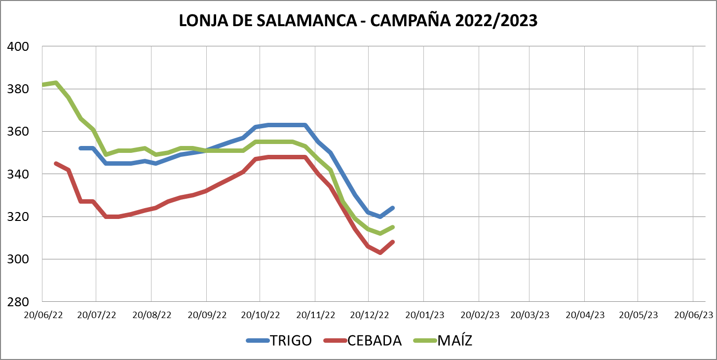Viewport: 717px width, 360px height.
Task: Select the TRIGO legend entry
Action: [291, 340]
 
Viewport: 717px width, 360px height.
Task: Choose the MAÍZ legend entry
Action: [454, 340]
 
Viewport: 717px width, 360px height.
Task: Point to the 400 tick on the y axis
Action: [18, 47]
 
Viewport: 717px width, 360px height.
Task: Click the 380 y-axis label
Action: [18, 89]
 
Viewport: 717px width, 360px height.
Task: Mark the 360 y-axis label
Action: [18, 132]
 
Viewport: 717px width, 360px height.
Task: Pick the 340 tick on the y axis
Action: [18, 174]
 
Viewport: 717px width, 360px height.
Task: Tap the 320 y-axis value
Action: [18, 216]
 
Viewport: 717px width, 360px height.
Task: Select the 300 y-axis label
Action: [18, 259]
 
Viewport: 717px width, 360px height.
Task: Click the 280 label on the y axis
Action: [18, 301]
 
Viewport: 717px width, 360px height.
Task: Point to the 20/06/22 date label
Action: [44, 315]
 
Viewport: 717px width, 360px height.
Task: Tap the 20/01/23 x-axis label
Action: [425, 315]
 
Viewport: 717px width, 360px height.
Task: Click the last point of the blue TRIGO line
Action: [393, 208]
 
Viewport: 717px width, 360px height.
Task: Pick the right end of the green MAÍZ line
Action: [393, 227]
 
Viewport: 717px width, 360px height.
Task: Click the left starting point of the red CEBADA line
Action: [55, 163]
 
